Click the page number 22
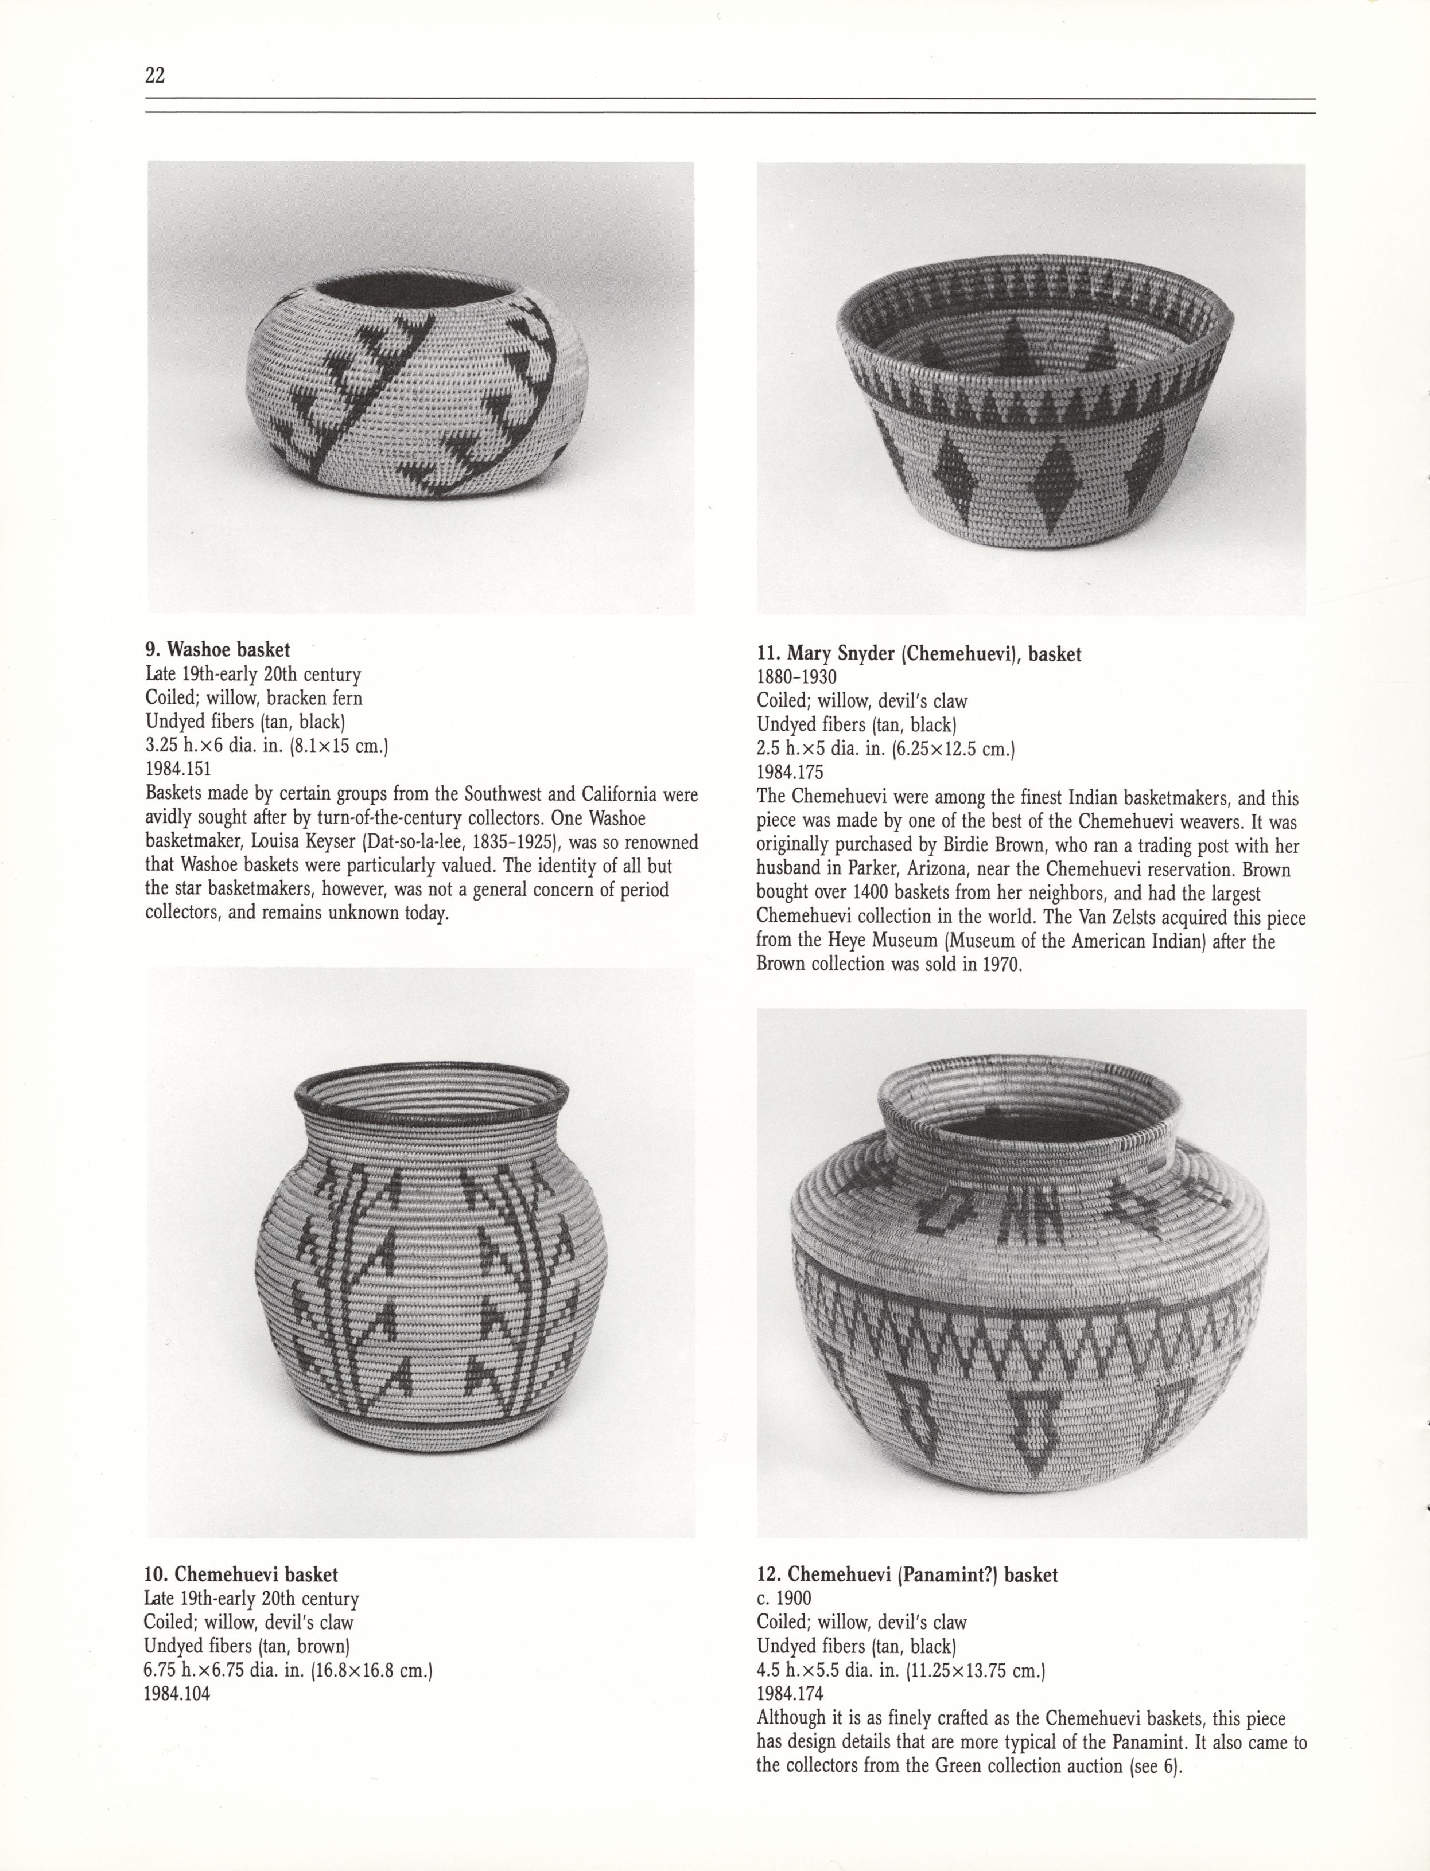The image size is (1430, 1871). pos(155,75)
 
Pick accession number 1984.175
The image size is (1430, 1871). pos(790,773)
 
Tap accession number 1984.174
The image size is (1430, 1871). pos(790,1693)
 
